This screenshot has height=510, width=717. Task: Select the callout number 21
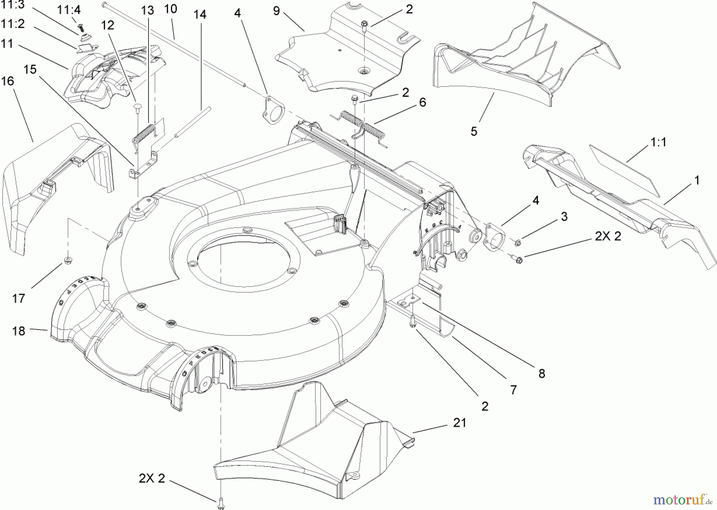(459, 422)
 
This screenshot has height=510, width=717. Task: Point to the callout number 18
(19, 331)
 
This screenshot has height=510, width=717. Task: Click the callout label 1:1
(658, 142)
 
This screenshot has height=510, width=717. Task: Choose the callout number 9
(276, 11)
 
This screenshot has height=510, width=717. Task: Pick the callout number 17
(19, 298)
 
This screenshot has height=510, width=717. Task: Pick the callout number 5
(474, 131)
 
